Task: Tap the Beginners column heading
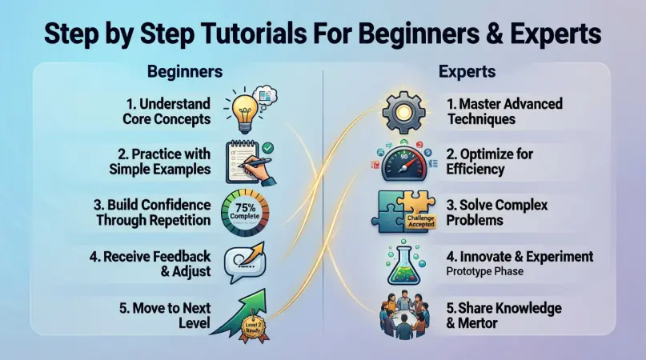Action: (x=184, y=71)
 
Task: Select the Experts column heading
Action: (x=467, y=71)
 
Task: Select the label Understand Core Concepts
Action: (x=167, y=110)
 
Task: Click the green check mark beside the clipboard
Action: (x=268, y=147)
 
